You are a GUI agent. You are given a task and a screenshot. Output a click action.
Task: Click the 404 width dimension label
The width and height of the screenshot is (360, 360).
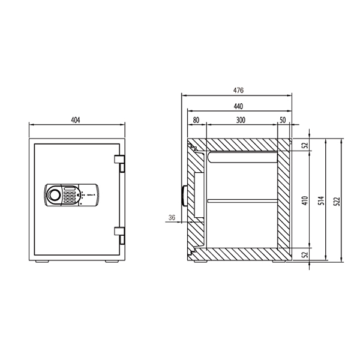[76, 120]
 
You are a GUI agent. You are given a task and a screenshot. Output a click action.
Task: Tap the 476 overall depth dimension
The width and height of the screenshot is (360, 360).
[238, 91]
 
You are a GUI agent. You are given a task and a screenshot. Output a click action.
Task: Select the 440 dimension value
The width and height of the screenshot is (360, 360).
[238, 107]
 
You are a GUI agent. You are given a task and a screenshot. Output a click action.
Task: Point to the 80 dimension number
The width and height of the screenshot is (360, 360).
[196, 120]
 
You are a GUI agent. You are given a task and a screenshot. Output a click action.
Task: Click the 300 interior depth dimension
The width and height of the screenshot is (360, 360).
[241, 120]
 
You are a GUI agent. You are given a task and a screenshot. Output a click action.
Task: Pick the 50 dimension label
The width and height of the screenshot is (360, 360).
[283, 120]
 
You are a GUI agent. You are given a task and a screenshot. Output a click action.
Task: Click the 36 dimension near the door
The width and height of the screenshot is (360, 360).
[172, 217]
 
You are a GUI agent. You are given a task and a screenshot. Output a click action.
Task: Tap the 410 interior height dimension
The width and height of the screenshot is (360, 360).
[305, 200]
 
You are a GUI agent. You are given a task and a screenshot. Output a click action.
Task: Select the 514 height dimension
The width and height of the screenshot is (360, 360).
[322, 200]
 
